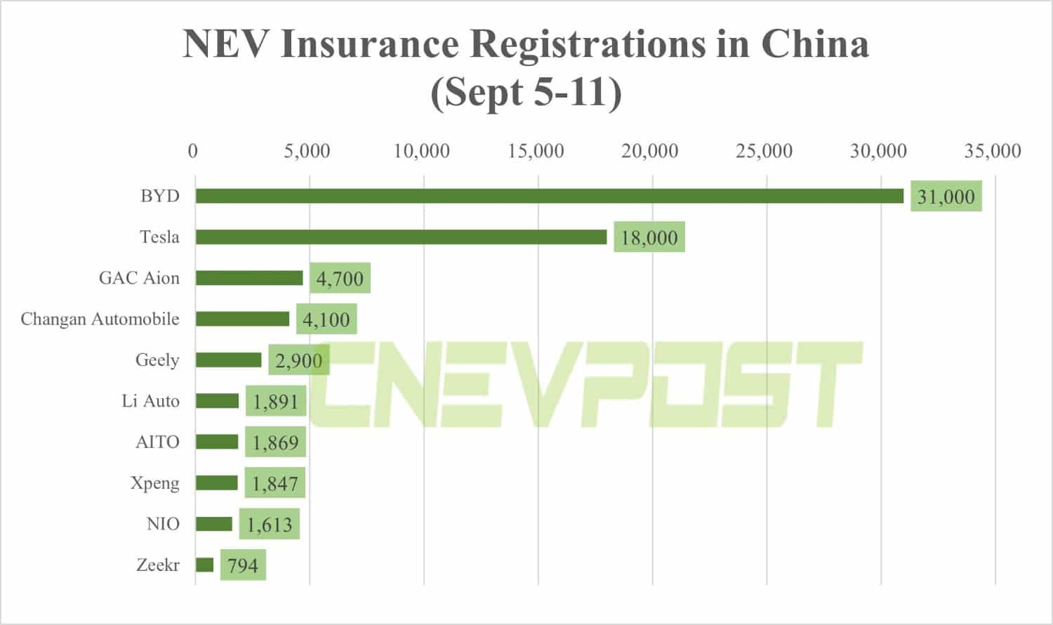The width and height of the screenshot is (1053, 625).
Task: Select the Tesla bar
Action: coord(401,237)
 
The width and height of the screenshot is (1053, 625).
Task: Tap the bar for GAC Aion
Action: coord(249,278)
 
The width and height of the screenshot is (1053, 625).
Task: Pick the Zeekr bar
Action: coord(204,565)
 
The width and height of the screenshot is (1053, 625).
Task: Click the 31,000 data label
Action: coord(946,197)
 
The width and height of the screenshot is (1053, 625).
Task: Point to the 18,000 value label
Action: coord(649,237)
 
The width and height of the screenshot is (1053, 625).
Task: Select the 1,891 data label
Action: coord(275,402)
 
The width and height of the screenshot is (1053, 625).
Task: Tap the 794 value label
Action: coord(243,565)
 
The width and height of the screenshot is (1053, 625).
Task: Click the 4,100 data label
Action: coord(326,320)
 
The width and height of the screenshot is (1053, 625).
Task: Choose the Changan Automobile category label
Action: coord(100,319)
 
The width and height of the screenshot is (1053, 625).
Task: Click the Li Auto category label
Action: coord(150,401)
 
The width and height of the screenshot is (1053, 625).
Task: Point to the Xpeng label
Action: coord(154,483)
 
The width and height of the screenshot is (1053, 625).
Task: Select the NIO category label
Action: coord(163,524)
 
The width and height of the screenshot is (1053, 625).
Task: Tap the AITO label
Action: coord(157,442)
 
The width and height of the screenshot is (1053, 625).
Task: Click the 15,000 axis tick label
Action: coord(536,151)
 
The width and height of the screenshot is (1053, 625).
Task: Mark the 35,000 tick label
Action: coord(992,151)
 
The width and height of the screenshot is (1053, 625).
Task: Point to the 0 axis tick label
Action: coord(193,151)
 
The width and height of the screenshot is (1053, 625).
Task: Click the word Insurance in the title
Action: coord(369,44)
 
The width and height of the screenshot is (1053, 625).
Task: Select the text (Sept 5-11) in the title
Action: coord(526,92)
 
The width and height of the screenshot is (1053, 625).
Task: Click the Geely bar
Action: coord(228,360)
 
